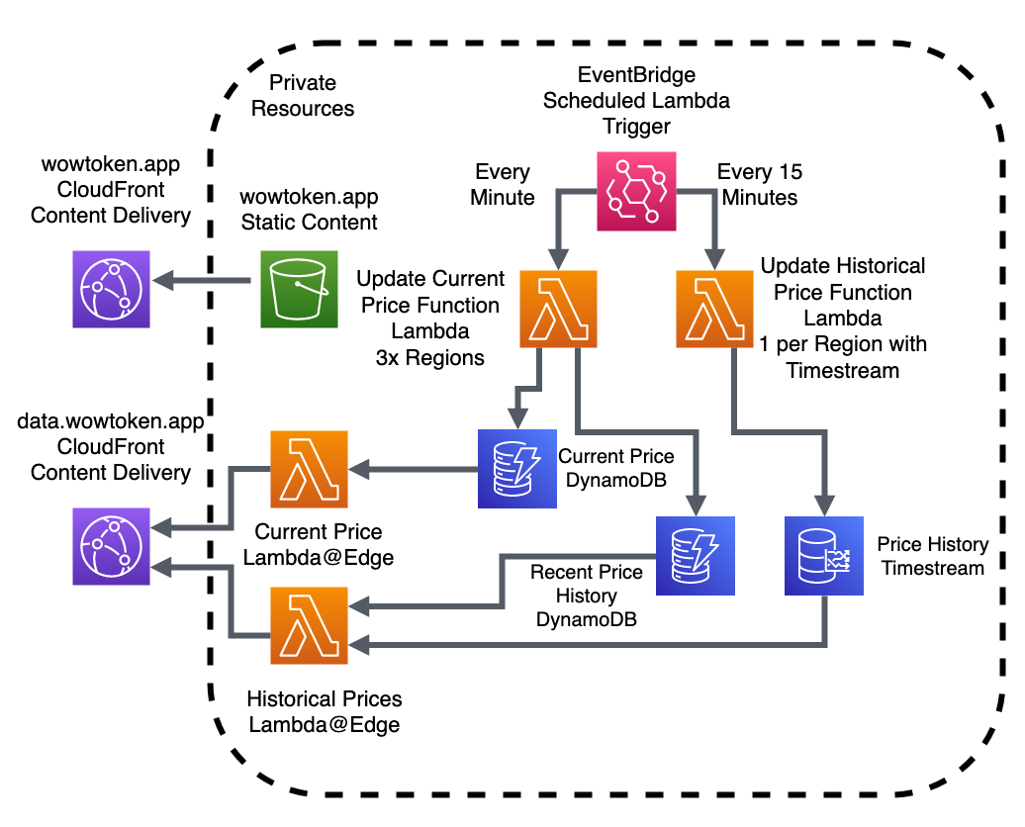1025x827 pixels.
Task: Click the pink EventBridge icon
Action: click(637, 190)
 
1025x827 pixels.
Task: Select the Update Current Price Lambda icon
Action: click(558, 309)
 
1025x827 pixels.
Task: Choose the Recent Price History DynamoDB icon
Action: click(696, 555)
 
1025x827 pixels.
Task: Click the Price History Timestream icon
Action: click(824, 555)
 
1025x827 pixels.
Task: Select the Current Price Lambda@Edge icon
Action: click(310, 470)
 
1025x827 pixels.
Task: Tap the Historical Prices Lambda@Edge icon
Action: click(310, 625)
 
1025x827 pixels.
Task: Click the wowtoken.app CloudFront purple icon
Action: click(111, 288)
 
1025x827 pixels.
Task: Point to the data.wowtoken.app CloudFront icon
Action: click(111, 547)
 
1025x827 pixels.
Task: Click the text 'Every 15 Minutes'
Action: click(760, 184)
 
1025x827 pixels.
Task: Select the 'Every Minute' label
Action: click(503, 184)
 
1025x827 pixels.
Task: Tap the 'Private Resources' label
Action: click(303, 96)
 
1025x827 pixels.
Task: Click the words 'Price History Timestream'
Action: click(933, 556)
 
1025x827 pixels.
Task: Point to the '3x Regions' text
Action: click(431, 357)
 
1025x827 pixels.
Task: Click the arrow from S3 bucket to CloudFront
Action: click(203, 282)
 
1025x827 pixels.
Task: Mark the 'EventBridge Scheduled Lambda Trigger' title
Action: click(636, 100)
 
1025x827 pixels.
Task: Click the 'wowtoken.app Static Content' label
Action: click(310, 210)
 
